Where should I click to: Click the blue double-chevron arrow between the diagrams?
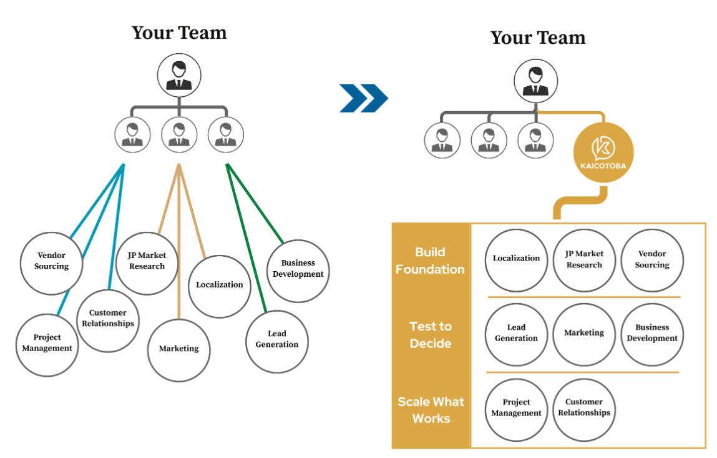pos(364,98)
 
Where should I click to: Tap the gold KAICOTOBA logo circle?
pos(603,152)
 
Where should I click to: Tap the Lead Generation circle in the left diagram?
pos(276,341)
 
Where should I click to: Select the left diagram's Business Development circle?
pos(298,271)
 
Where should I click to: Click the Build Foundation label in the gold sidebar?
pos(430,261)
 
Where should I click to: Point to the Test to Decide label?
pos(431,334)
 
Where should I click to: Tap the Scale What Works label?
pos(431,410)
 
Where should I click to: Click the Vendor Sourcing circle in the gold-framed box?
pos(652,260)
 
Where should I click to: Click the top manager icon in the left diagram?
pos(179,75)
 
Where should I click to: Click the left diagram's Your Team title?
pos(179,32)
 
